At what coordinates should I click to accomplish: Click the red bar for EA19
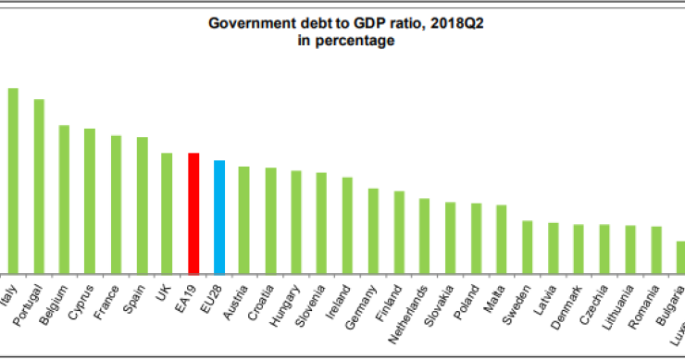coord(193,213)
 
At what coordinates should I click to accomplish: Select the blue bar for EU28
coord(219,217)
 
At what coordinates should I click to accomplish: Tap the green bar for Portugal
coord(39,185)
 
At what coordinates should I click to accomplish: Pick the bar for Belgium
coord(65,199)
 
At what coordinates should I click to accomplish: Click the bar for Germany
coord(373,230)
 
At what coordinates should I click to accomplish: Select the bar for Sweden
coord(527,246)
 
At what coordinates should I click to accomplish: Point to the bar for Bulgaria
coord(681,256)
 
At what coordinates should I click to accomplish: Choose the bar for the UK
coord(168,213)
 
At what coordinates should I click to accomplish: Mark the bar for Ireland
coord(347,225)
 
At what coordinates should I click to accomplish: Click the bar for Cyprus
coord(90,201)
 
